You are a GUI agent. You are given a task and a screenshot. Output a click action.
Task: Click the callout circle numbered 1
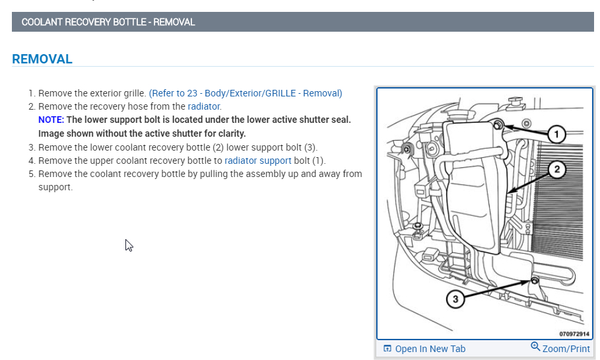point(556,135)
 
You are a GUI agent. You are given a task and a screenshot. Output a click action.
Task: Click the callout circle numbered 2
point(556,170)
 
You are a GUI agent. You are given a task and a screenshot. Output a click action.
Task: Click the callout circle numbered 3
point(455,299)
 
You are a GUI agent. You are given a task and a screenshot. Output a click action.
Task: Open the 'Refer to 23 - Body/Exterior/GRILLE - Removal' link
point(246,93)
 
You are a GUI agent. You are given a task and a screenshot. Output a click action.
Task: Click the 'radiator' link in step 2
point(204,106)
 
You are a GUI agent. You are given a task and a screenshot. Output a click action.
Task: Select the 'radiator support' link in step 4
point(257,161)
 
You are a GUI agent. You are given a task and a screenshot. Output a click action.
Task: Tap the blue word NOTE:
point(51,120)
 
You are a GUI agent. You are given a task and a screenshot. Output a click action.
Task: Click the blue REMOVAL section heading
point(42,59)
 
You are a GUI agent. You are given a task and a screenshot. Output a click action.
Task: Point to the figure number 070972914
point(574,334)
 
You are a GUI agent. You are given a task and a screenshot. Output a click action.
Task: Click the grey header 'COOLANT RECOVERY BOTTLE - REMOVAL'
point(108,22)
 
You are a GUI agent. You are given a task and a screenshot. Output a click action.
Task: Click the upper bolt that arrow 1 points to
point(498,125)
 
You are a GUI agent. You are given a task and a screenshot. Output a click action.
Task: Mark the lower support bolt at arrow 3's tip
point(534,281)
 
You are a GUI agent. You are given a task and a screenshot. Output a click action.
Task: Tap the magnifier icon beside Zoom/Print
point(535,347)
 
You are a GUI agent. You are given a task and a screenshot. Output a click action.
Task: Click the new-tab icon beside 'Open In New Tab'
point(387,349)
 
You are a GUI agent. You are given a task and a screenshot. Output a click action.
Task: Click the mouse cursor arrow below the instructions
point(129,245)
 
